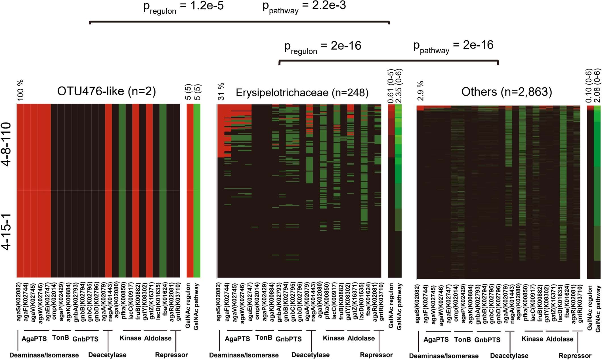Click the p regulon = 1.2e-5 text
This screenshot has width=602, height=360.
click(x=183, y=7)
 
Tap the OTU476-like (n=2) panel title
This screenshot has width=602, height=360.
click(x=106, y=91)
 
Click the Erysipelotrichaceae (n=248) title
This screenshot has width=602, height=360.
click(x=302, y=92)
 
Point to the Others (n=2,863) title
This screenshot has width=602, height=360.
click(x=506, y=92)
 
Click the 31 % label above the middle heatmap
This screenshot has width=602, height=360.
click(x=221, y=91)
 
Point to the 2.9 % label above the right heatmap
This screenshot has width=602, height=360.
click(x=420, y=91)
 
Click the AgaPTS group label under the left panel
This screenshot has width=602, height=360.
click(x=34, y=339)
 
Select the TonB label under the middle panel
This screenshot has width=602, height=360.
click(x=264, y=338)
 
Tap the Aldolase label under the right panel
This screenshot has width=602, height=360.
click(x=559, y=339)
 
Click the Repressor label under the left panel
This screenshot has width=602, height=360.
click(x=171, y=355)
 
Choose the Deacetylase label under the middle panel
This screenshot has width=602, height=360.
click(x=310, y=355)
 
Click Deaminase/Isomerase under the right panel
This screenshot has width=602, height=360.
click(x=444, y=356)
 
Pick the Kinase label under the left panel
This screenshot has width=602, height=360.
click(x=130, y=338)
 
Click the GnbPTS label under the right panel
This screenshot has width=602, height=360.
click(x=487, y=340)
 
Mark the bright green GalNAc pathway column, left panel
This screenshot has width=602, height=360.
click(x=197, y=190)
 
